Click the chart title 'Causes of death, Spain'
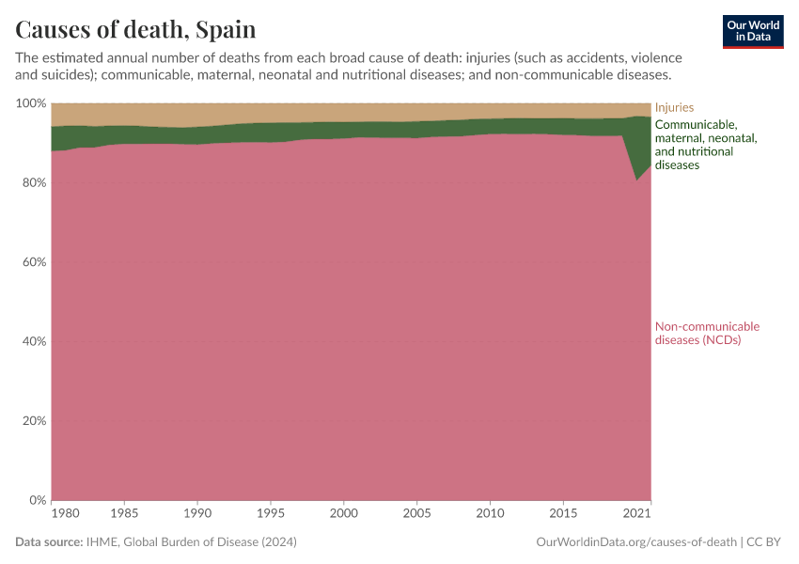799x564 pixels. tap(135, 29)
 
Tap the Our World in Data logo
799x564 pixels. tap(752, 31)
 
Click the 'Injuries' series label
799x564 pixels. tap(674, 108)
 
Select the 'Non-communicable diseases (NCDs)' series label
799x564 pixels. tap(706, 333)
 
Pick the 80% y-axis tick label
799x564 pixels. tap(32, 182)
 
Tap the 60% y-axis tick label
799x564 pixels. tap(32, 262)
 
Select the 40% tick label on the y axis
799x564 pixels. tap(32, 341)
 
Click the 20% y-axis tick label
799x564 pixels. tap(32, 421)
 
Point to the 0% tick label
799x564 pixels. tap(36, 500)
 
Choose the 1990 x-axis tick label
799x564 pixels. tap(197, 514)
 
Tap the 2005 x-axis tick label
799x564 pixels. tap(415, 514)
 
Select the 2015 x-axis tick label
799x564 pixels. tap(562, 514)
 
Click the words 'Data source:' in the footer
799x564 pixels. tap(48, 542)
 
